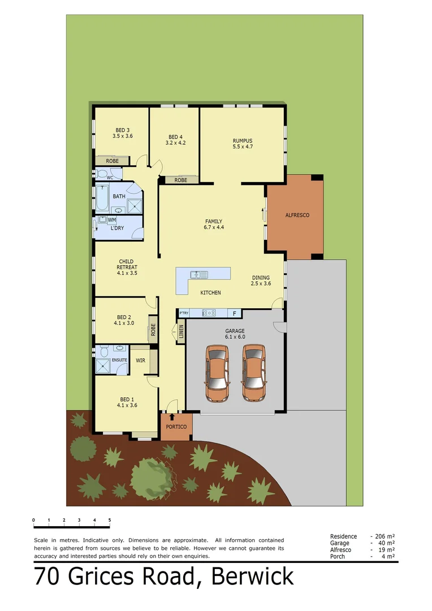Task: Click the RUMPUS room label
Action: (x=242, y=140)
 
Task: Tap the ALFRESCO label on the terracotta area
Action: (x=297, y=216)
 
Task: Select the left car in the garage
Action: (x=218, y=373)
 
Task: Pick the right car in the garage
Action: (x=254, y=373)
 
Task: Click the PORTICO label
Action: (x=176, y=427)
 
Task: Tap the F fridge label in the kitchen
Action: (x=234, y=313)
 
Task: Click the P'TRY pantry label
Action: (x=184, y=313)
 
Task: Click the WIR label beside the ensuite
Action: (x=141, y=360)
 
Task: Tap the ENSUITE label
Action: (x=120, y=360)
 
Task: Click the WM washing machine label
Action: (x=112, y=220)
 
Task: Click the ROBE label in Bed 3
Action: (x=112, y=161)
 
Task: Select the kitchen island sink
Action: (x=200, y=275)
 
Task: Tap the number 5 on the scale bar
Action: (x=110, y=520)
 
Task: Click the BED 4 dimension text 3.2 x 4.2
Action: (x=175, y=143)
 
